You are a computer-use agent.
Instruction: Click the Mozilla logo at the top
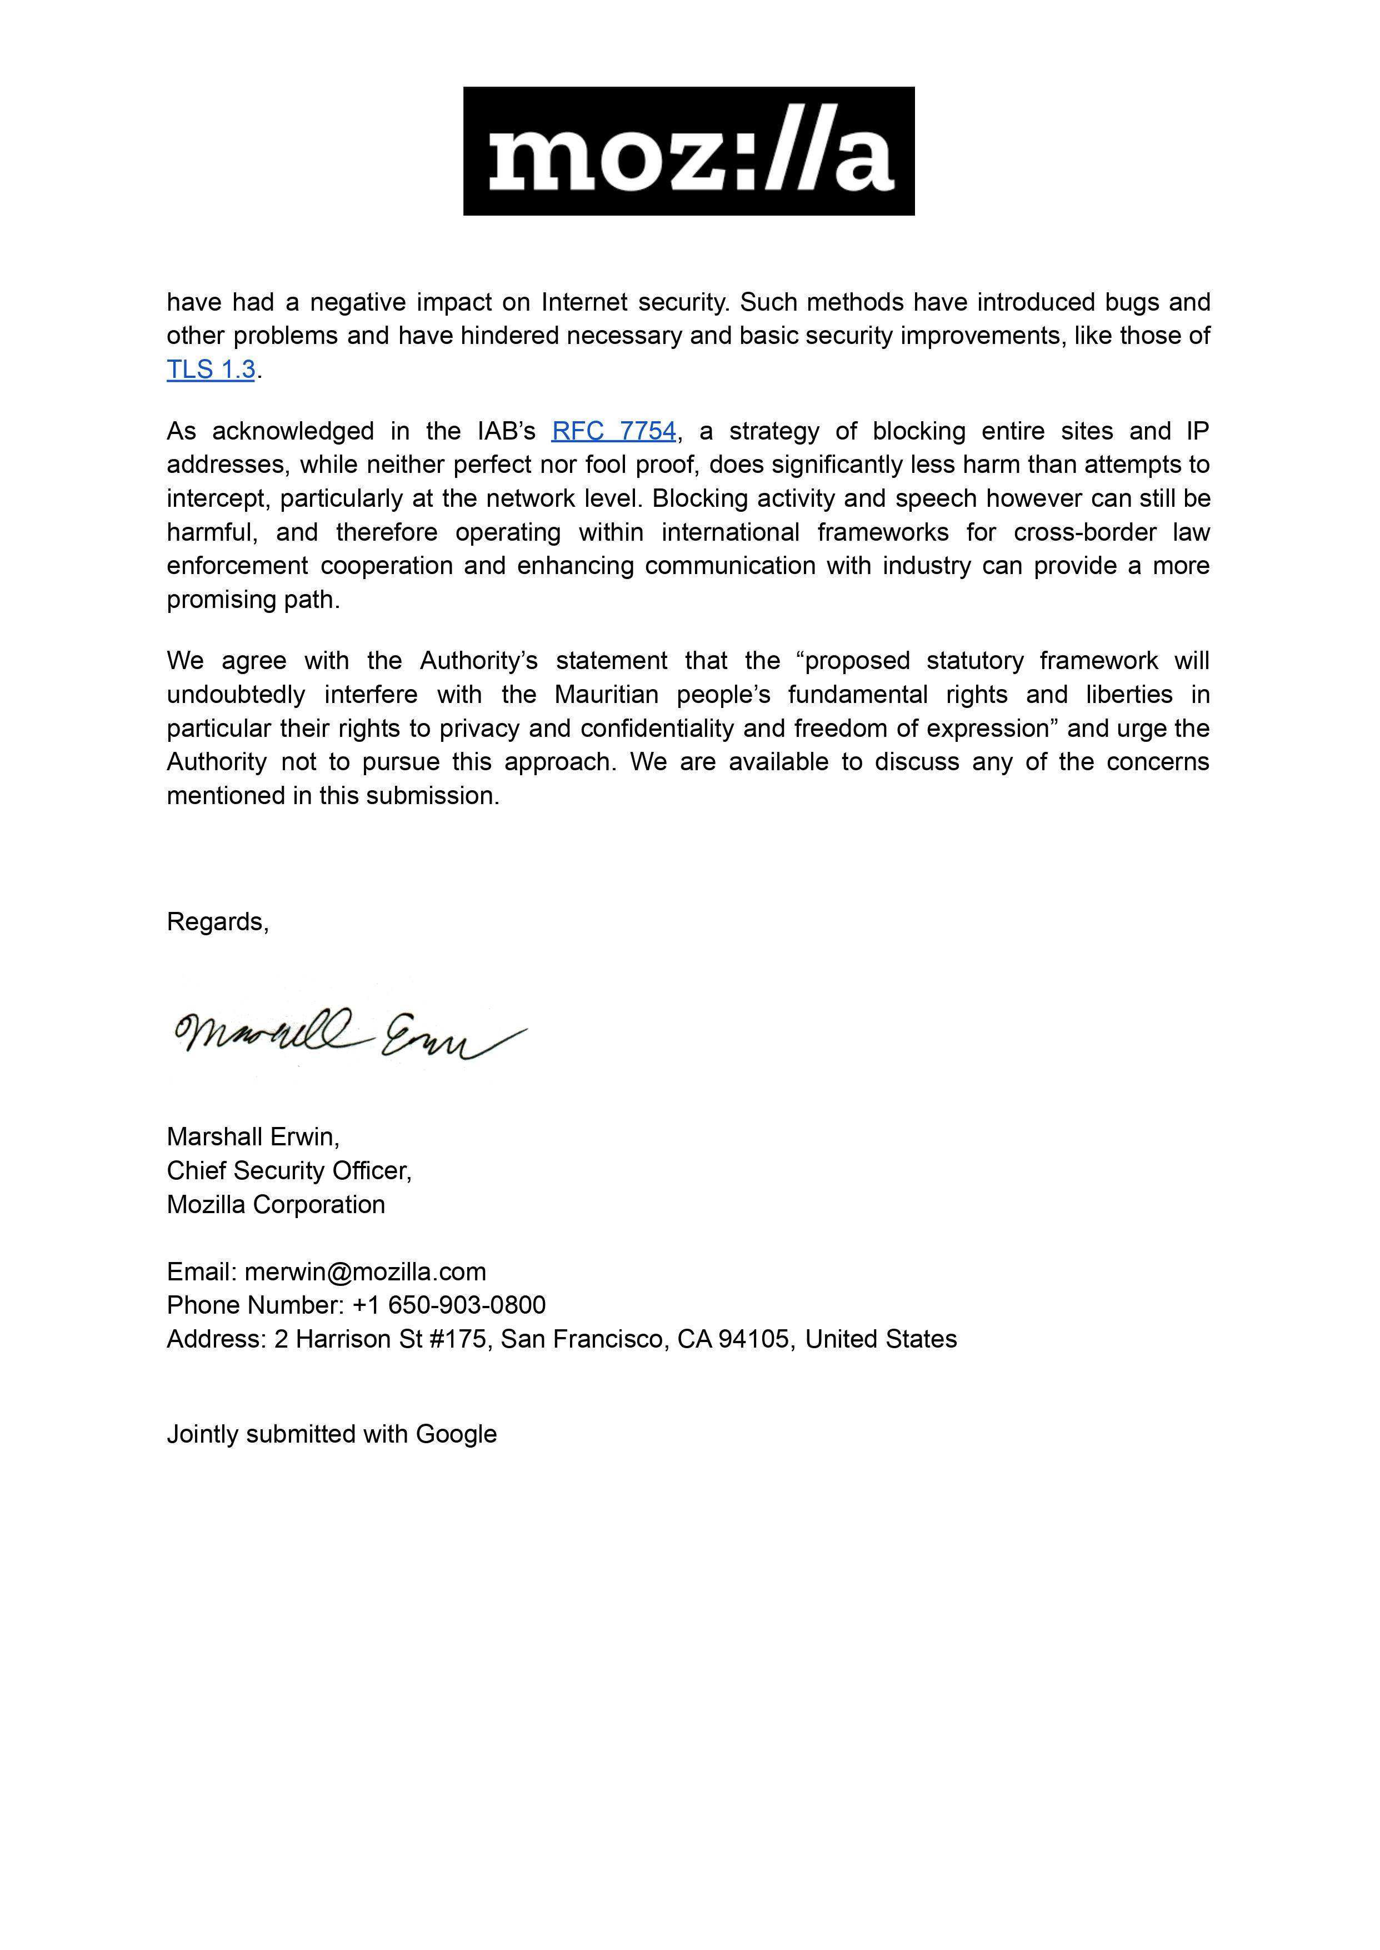pos(688,151)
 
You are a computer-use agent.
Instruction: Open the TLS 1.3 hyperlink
pos(211,370)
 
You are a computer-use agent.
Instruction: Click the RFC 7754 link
pos(613,431)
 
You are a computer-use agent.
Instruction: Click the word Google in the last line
pos(456,1434)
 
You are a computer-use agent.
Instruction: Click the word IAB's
pos(507,431)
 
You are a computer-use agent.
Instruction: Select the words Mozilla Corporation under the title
pos(276,1205)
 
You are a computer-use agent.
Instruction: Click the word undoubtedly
pos(236,695)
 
